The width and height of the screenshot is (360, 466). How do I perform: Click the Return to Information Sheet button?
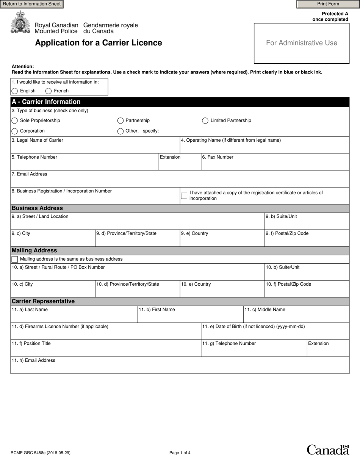[32, 4]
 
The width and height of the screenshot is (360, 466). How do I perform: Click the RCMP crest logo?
[20, 22]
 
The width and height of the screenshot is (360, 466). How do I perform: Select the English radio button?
[15, 91]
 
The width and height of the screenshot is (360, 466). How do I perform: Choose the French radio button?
[49, 91]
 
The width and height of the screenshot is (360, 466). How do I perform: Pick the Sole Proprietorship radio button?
[15, 121]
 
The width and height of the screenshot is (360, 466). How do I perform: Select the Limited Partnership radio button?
[205, 121]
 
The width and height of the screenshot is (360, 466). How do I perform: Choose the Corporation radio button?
[15, 131]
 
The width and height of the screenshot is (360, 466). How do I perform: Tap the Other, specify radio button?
[121, 131]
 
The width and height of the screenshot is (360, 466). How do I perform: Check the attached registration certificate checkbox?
[184, 196]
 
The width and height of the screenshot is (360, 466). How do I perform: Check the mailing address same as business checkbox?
[15, 260]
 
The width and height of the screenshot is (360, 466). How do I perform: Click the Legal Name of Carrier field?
[95, 147]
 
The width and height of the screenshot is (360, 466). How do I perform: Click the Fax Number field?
[275, 164]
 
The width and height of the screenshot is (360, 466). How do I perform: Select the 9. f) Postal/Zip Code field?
[307, 241]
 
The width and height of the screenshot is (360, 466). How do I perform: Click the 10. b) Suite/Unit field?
[307, 275]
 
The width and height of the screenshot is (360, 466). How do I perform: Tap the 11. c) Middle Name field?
[296, 317]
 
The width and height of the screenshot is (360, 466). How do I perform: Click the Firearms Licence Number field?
[105, 334]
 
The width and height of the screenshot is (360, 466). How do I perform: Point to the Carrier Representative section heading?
[43, 302]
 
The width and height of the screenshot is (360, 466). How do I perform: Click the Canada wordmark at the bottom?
[327, 450]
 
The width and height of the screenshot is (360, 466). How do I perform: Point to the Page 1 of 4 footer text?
[180, 453]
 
